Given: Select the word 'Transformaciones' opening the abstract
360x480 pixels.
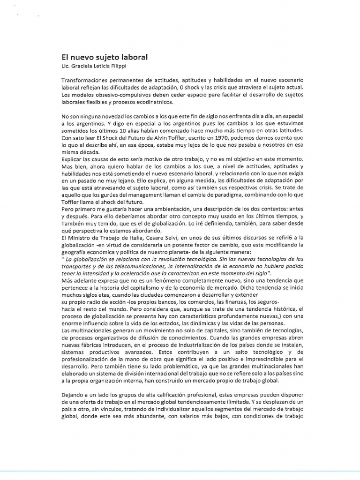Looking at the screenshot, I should (x=86, y=81).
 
